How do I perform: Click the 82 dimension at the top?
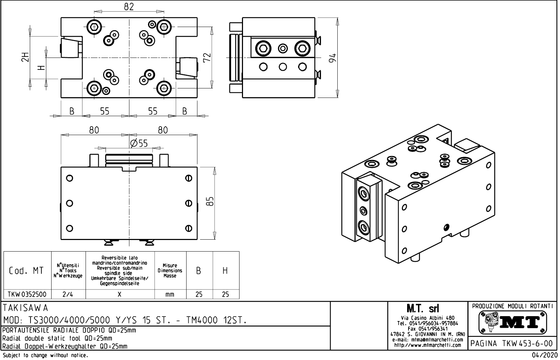(x=129, y=7)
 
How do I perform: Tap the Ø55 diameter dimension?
(x=139, y=143)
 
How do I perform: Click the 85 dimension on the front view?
(x=210, y=202)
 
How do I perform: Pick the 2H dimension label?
(x=25, y=57)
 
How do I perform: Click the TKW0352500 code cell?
(x=27, y=294)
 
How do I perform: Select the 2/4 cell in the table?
(x=68, y=294)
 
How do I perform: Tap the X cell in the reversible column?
(x=120, y=294)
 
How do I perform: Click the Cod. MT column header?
(x=27, y=271)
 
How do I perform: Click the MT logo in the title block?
(x=512, y=322)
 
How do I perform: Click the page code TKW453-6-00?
(x=512, y=343)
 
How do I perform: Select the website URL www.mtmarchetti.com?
(x=427, y=345)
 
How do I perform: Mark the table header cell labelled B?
(x=199, y=271)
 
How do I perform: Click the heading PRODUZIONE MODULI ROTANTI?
(x=512, y=306)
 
